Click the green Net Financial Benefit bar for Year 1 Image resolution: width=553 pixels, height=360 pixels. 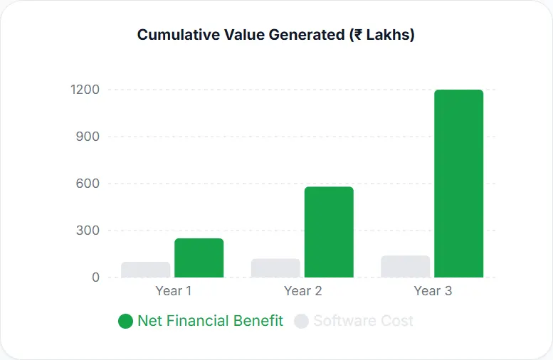click(x=199, y=258)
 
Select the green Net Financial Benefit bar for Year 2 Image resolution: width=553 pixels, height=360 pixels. click(x=329, y=232)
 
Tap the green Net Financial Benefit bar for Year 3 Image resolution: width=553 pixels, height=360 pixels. click(x=458, y=184)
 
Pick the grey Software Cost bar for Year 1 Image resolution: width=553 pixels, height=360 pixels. click(x=145, y=270)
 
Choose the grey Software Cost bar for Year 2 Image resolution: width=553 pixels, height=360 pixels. click(x=275, y=268)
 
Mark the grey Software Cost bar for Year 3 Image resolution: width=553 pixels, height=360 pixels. click(x=405, y=267)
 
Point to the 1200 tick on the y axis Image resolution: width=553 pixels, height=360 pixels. click(x=85, y=90)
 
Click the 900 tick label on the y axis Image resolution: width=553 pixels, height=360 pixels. click(x=88, y=137)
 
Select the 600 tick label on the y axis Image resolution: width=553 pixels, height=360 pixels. click(x=88, y=184)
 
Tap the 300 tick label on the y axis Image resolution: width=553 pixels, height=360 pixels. click(x=88, y=231)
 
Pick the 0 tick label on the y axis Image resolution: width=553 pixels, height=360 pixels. click(x=95, y=277)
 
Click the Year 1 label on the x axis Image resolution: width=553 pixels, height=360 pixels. click(x=173, y=291)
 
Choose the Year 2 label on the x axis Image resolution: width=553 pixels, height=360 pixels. click(x=303, y=291)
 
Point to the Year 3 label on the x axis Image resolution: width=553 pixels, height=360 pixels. click(x=433, y=291)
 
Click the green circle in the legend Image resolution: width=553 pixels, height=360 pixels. click(x=125, y=322)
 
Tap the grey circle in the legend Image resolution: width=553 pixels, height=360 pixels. click(x=301, y=322)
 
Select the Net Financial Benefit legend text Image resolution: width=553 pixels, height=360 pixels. click(x=210, y=321)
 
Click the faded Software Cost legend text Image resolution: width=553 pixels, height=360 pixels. click(x=363, y=321)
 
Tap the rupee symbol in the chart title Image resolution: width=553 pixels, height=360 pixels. click(x=356, y=35)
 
